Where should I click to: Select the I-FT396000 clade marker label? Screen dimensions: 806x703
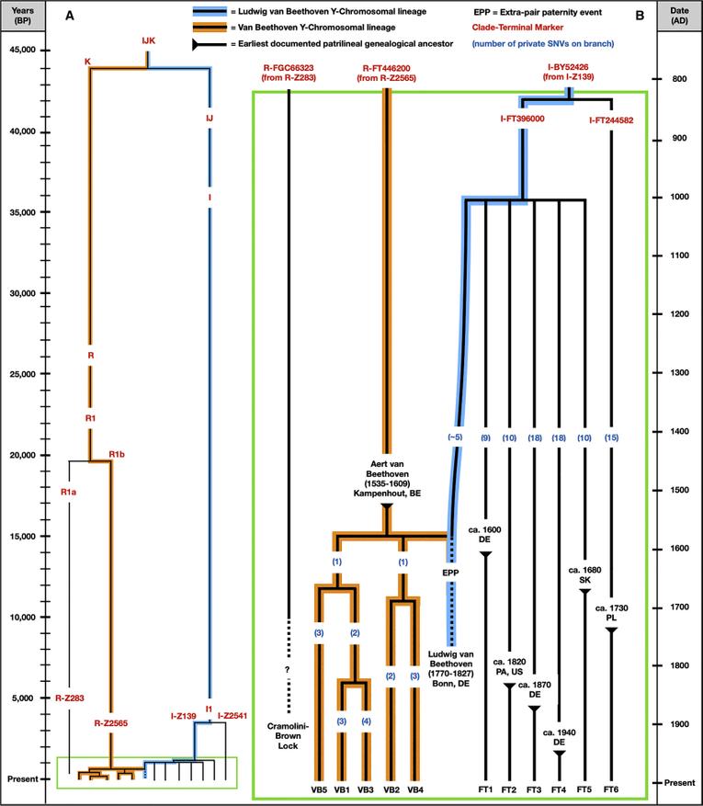(523, 119)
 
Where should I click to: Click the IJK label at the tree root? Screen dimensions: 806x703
(149, 41)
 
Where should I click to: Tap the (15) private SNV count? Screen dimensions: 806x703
(611, 438)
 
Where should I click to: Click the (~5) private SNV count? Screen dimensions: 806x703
(452, 438)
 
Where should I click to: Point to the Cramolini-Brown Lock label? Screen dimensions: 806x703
(289, 731)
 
